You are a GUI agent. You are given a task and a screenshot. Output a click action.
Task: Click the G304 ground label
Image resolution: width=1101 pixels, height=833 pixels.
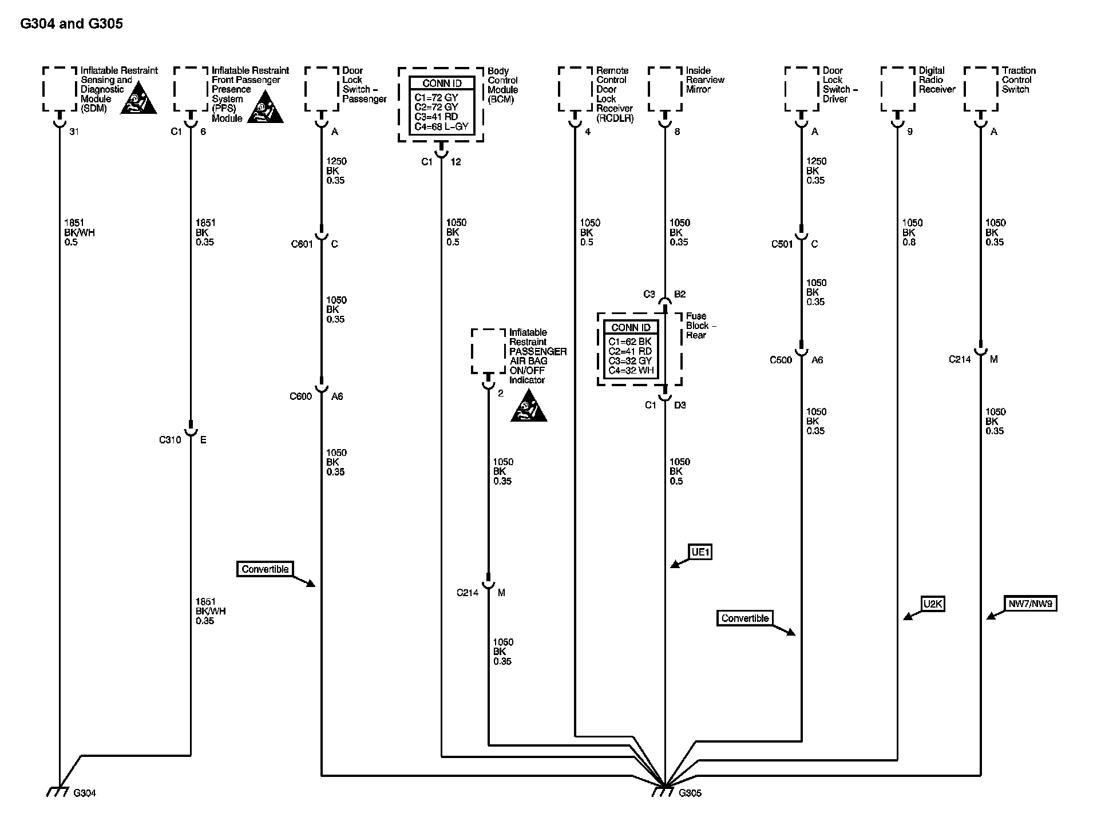coord(85,793)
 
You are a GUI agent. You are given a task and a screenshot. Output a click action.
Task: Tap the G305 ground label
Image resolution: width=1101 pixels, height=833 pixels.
coord(690,793)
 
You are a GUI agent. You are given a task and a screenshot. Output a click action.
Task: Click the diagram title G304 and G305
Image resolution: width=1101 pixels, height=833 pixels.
coord(72,23)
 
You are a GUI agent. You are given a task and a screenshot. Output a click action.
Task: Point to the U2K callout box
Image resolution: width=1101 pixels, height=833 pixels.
coord(933,604)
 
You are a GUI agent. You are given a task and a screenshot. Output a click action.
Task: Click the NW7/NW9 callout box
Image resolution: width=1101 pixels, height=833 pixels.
coord(1030,604)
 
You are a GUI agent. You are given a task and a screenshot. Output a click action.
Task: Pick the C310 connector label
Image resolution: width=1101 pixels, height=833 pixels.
coord(170,440)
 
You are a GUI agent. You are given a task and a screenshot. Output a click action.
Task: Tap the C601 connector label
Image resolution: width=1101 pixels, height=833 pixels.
coord(302,244)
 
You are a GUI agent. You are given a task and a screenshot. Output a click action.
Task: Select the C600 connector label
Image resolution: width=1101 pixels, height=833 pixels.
coord(300,396)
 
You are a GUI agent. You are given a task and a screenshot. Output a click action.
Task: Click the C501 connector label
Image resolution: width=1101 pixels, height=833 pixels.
coord(782,244)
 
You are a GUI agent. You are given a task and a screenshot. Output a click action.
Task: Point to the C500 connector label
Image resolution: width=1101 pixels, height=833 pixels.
coord(781,360)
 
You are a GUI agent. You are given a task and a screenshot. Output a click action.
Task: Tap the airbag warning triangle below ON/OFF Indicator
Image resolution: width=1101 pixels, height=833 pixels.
coord(528,408)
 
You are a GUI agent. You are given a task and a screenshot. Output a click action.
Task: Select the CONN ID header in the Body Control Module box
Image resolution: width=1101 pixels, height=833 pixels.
coord(442,84)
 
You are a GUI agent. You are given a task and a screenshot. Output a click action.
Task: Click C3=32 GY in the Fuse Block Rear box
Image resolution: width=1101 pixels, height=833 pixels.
coord(630,360)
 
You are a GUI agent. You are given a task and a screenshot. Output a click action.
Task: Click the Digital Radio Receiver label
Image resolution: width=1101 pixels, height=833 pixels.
coord(937,80)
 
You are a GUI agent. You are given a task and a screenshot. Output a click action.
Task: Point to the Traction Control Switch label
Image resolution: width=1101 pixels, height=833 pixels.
coord(1019,80)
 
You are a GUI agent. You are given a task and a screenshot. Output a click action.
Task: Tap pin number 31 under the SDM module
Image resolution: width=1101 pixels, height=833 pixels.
coord(74,132)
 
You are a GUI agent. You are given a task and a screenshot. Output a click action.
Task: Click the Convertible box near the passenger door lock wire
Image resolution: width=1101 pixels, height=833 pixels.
coord(265,569)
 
